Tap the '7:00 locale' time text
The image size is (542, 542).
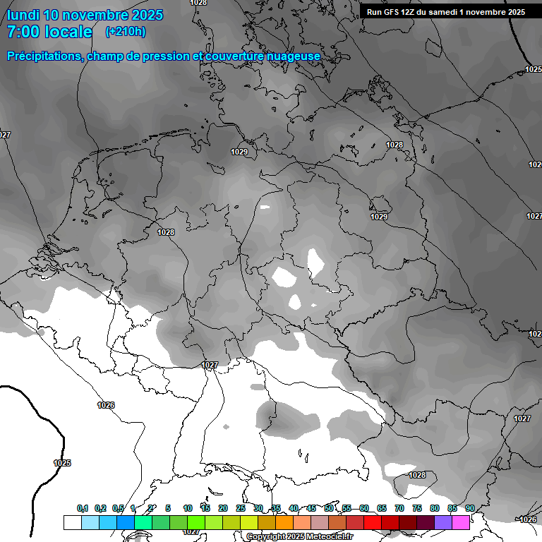(49, 32)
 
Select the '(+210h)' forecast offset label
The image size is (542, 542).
(125, 32)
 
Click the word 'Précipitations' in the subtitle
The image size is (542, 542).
(43, 56)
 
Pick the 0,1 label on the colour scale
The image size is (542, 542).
(83, 508)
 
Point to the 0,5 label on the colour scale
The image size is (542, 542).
(118, 508)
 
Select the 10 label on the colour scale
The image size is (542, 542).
(188, 508)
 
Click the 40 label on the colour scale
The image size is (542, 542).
(294, 508)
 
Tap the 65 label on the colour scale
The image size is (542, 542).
(382, 508)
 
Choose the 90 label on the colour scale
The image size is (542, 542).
(469, 508)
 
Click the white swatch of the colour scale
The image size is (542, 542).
(72, 522)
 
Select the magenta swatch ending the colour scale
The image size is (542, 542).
(461, 522)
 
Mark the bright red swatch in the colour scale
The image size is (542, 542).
(373, 522)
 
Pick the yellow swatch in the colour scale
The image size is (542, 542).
(249, 522)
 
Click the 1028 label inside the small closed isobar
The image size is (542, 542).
(417, 475)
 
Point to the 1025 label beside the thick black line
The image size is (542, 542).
(62, 463)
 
